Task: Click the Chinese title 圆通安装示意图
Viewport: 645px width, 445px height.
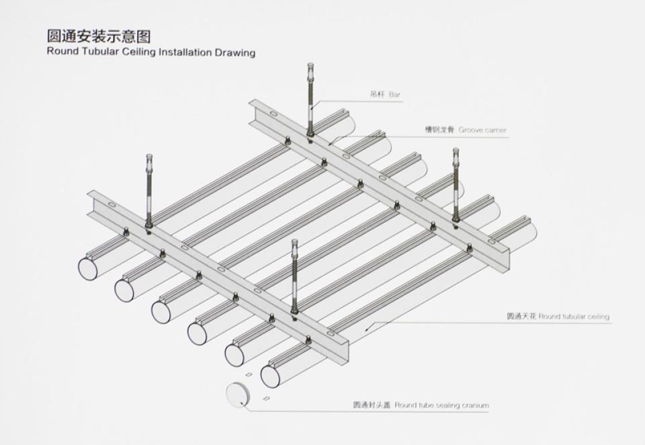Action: coord(99,36)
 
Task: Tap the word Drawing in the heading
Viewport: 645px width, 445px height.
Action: coord(235,52)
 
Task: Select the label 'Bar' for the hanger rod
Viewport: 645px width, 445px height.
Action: coord(394,95)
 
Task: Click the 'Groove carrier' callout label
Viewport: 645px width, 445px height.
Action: coord(482,130)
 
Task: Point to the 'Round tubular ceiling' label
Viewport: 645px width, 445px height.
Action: coord(574,317)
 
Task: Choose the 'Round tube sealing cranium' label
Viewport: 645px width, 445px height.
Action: coord(442,405)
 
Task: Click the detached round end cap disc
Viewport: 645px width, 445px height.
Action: coord(236,395)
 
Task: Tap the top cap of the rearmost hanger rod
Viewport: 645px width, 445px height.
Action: coord(310,66)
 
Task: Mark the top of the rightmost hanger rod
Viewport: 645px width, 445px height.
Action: coord(456,151)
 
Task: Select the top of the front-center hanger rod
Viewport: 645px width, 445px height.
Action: coord(294,243)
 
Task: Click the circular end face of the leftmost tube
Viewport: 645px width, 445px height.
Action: coord(88,268)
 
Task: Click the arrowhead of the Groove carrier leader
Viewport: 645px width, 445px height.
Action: coord(330,143)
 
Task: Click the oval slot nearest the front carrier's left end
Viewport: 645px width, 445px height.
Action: coord(111,205)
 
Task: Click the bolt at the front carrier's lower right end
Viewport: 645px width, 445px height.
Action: coord(308,339)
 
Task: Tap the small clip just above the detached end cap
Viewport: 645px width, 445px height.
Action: coord(249,374)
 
